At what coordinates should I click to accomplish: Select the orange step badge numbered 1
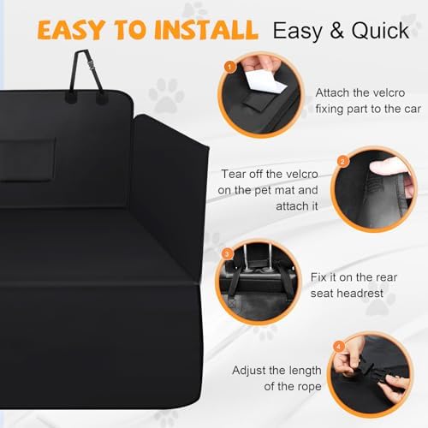click(229, 66)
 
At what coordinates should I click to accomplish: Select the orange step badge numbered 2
click(342, 160)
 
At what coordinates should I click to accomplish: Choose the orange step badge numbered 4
click(338, 345)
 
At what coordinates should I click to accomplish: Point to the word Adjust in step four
click(253, 372)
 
